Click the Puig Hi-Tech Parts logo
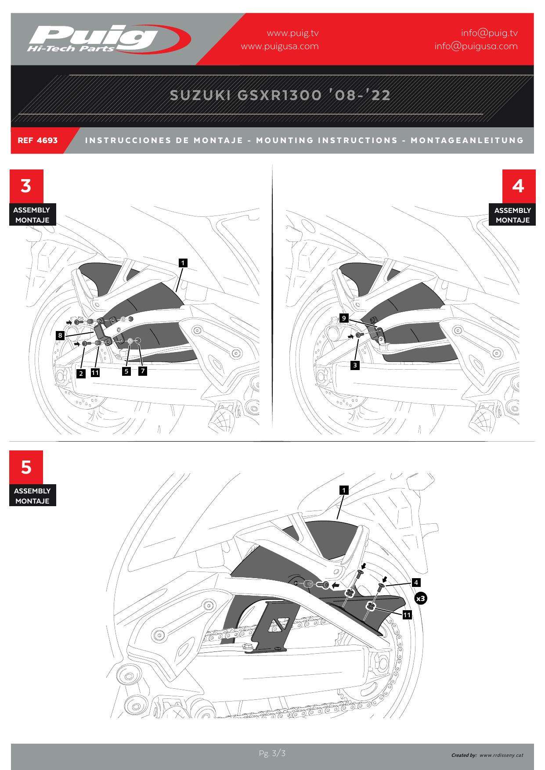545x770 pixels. coord(108,39)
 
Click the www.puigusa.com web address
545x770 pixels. coord(280,46)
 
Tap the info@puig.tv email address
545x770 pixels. coord(489,33)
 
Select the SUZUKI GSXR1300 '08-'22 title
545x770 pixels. coord(280,95)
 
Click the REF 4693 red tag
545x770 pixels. coord(38,140)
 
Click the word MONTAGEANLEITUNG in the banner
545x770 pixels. coord(467,140)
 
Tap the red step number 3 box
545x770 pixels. coord(26,186)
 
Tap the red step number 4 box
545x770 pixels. coord(519,186)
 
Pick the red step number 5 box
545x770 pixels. coord(26,467)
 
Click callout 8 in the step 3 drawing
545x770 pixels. coord(61,336)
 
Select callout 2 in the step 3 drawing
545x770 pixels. coord(81,374)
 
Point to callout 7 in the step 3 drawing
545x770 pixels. coord(142,371)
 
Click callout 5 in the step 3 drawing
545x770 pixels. coord(126,371)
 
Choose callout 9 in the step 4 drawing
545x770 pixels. coord(344,318)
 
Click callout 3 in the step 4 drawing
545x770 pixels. coord(355,365)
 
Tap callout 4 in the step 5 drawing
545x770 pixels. coord(416,583)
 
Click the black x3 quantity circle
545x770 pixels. coord(421,598)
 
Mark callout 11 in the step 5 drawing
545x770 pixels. coord(407,615)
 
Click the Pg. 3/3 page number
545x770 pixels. coord(272,754)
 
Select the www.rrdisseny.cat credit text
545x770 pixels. coord(501,756)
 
